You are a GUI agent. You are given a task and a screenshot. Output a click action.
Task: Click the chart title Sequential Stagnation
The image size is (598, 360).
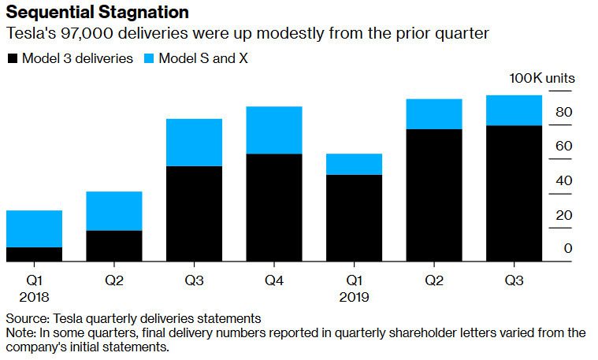coord(97,13)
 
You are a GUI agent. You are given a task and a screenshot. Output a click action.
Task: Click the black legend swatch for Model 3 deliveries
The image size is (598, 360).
coord(13,59)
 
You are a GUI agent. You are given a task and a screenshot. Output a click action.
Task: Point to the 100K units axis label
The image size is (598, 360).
coord(542,79)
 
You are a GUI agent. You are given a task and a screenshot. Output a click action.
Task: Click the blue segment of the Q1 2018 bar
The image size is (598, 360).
coord(34,228)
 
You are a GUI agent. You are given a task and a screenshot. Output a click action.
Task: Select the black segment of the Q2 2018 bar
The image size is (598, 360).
coord(114,245)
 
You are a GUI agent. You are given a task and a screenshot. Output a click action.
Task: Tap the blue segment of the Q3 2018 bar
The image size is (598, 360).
coord(194,143)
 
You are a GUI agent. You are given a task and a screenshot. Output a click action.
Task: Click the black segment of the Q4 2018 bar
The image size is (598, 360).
coord(274,206)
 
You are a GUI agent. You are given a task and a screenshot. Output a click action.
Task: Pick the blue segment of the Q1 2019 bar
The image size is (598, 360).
coord(354,164)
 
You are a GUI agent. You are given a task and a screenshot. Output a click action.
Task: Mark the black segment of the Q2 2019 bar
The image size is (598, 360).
coord(434,195)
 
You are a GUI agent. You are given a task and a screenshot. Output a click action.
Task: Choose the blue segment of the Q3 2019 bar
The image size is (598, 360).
coord(514,110)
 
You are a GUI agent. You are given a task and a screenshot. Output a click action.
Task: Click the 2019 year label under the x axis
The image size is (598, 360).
coord(354,298)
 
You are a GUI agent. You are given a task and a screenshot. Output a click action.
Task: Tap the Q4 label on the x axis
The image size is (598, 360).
coord(274,280)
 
